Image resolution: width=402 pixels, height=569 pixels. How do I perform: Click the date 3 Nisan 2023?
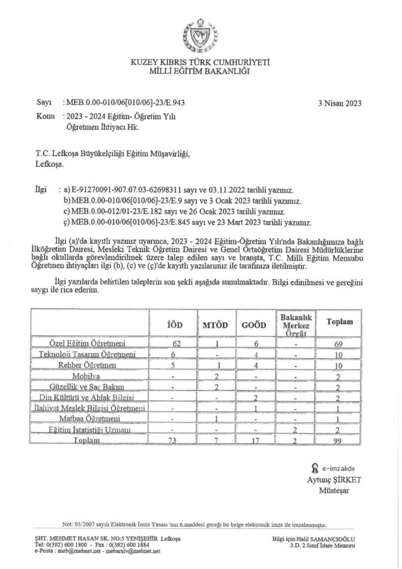click(x=340, y=103)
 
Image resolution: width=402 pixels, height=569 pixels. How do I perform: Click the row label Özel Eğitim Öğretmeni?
click(x=88, y=342)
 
